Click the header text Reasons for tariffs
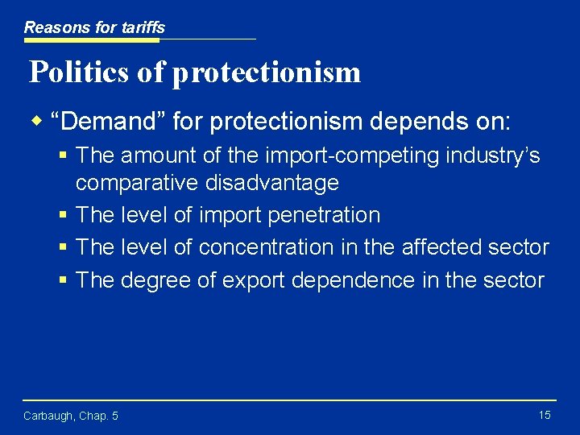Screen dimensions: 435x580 tap(94, 27)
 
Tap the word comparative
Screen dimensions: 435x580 tap(137, 183)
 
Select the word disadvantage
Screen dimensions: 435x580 tap(271, 183)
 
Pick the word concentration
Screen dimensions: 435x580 tap(266, 247)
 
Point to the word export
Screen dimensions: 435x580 tap(250, 280)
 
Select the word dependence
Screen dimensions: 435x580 tap(350, 280)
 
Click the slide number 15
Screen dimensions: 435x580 tap(545, 415)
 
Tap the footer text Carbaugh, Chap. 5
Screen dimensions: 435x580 tap(71, 416)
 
